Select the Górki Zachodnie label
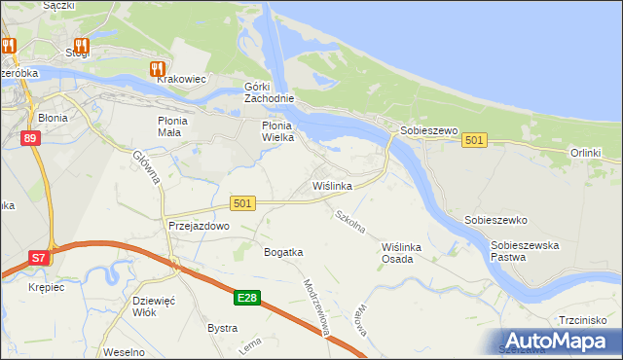pyautogui.click(x=268, y=92)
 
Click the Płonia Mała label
pyautogui.click(x=179, y=126)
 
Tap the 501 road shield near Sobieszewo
pyautogui.click(x=474, y=141)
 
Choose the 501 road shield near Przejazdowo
pyautogui.click(x=243, y=202)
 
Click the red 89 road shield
pyautogui.click(x=31, y=138)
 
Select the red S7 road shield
pyautogui.click(x=37, y=258)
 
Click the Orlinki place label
pyautogui.click(x=586, y=153)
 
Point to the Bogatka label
pyautogui.click(x=283, y=252)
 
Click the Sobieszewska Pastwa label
pyautogui.click(x=525, y=251)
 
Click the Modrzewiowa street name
pyautogui.click(x=318, y=308)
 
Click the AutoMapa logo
pyautogui.click(x=558, y=340)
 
